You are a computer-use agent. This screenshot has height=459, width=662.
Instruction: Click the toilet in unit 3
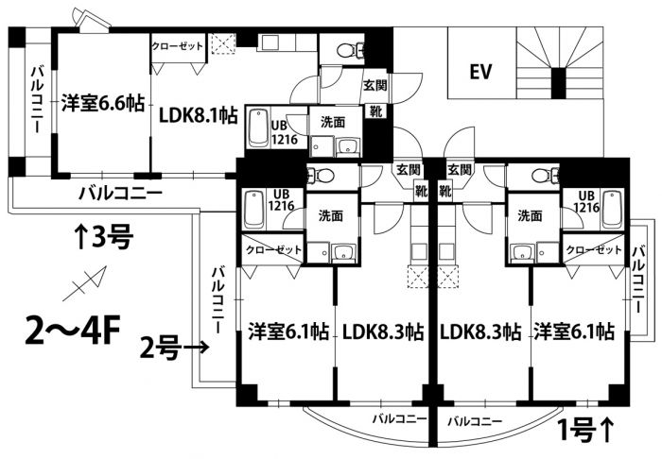[346, 50]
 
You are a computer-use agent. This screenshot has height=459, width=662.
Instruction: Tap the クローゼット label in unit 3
[176, 45]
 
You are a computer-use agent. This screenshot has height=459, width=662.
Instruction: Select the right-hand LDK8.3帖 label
[480, 331]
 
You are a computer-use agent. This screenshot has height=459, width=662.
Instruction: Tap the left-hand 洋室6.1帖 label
[287, 331]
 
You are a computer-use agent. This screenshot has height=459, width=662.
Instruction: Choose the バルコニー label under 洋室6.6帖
[120, 193]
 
